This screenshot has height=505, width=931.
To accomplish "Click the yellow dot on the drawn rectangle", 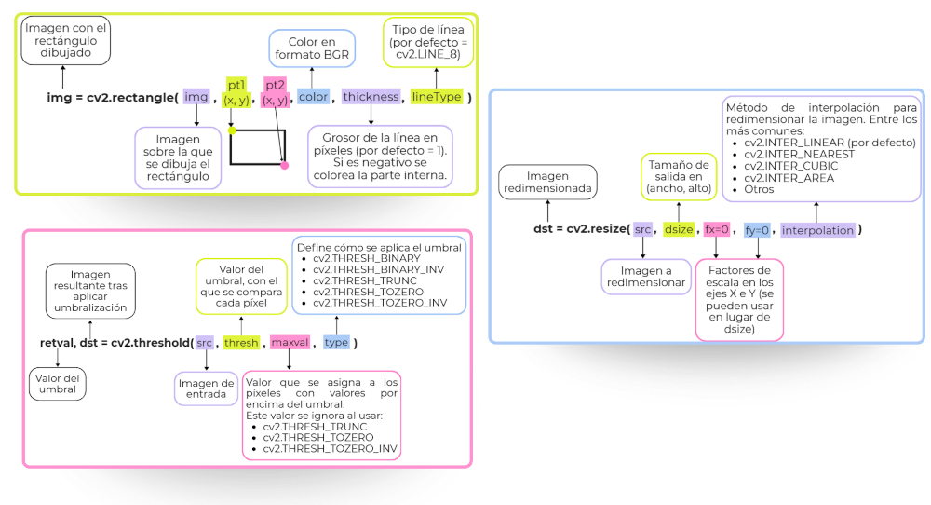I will (232, 131).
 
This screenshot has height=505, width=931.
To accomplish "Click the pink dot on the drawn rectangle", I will (284, 165).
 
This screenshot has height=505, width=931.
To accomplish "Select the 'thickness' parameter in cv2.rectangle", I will (371, 97).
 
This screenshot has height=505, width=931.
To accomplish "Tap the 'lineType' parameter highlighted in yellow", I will (437, 97).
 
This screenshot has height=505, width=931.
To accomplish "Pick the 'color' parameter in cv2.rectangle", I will (313, 97).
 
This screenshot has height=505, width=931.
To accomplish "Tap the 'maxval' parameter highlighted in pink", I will (289, 343).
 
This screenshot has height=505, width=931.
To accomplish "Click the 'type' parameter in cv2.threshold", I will (336, 343).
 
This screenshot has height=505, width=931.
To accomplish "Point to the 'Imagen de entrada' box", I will (206, 388).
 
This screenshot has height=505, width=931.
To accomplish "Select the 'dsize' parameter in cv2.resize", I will (679, 229).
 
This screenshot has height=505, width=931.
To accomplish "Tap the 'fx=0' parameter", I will (716, 229).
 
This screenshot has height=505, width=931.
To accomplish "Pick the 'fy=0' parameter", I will (757, 229).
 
